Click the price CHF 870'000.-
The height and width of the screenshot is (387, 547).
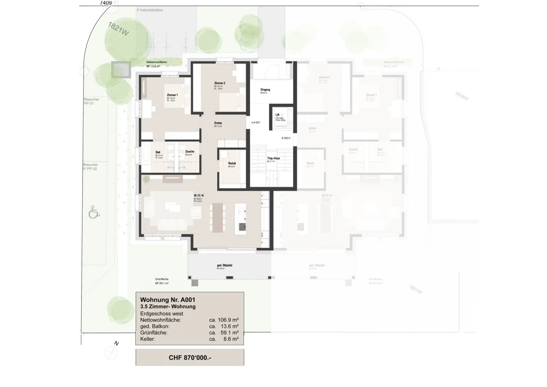click(190, 358)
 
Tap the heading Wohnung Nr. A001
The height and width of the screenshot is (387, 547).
click(168, 300)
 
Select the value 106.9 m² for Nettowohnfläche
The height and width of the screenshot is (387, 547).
click(224, 320)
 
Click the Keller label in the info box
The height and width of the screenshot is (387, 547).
click(147, 339)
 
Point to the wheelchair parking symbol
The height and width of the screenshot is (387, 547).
click(94, 212)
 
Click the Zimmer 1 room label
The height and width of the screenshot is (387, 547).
click(172, 95)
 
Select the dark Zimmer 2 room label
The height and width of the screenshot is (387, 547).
click(220, 83)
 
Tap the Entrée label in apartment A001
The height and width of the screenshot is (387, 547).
click(218, 123)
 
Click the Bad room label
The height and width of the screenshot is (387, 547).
click(158, 152)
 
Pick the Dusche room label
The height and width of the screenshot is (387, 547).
click(190, 152)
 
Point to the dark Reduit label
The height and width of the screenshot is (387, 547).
click(232, 163)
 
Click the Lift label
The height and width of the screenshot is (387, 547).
click(277, 115)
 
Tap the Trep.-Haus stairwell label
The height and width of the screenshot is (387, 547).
click(273, 158)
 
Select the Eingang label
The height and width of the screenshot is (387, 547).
click(265, 90)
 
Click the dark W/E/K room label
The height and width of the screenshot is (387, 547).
click(199, 195)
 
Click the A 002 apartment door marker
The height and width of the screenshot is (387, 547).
click(285, 138)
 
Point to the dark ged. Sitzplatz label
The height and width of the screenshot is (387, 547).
click(224, 265)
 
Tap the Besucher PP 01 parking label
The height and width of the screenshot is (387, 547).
click(91, 101)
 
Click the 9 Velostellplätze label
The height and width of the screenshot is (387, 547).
click(150, 10)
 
